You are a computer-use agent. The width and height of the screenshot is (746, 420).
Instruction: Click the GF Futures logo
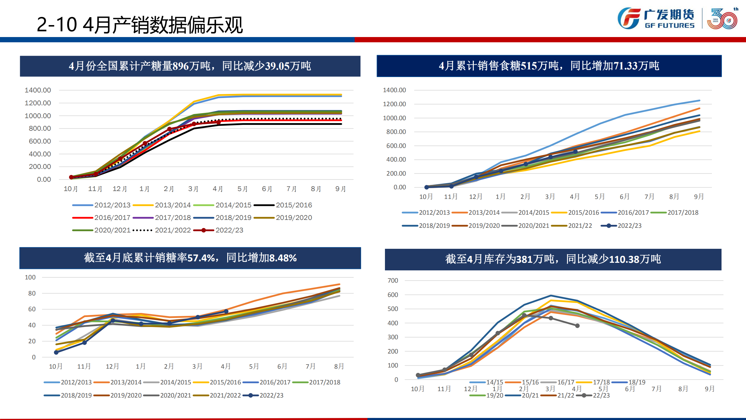tap(656, 18)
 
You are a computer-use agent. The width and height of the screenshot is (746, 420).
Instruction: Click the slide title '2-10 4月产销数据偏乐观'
tap(140, 25)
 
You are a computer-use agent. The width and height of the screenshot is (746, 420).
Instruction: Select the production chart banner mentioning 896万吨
tap(190, 66)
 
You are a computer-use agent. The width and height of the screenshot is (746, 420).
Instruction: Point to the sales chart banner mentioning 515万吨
tap(549, 66)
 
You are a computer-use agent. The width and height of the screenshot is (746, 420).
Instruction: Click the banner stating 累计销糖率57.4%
tap(190, 258)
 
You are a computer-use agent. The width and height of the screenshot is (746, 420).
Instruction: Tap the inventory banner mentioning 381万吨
tap(553, 259)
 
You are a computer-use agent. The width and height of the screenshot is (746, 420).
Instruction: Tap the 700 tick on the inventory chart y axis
tap(393, 281)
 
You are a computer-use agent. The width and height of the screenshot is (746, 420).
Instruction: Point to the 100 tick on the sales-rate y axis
tap(30, 277)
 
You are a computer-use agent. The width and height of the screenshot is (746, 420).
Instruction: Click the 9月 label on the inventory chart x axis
tap(710, 389)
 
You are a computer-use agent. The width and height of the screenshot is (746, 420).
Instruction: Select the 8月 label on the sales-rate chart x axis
tap(339, 366)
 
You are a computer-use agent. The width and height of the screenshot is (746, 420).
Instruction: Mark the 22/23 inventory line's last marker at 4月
tap(577, 326)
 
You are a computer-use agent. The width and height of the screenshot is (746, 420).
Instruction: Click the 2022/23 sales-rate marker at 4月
tap(226, 311)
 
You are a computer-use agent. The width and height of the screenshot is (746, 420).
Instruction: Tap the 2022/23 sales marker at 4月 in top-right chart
tap(575, 152)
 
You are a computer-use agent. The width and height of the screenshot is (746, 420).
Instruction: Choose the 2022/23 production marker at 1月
tap(145, 143)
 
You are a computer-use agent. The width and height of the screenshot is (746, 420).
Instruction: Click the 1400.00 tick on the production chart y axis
tap(38, 90)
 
